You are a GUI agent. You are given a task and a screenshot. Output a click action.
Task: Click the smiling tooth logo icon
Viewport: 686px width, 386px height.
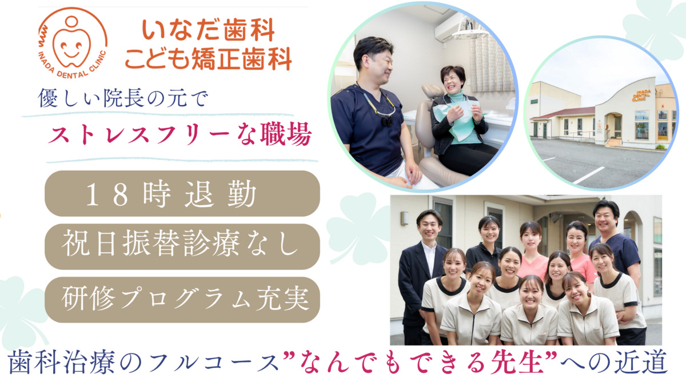[71, 43]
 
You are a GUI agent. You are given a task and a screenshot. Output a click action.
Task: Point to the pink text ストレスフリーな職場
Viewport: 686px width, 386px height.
[180, 136]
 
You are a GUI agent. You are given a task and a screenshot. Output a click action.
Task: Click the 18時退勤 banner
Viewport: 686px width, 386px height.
[182, 194]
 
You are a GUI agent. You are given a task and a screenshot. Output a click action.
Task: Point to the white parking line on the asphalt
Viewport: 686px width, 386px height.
[589, 175]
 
